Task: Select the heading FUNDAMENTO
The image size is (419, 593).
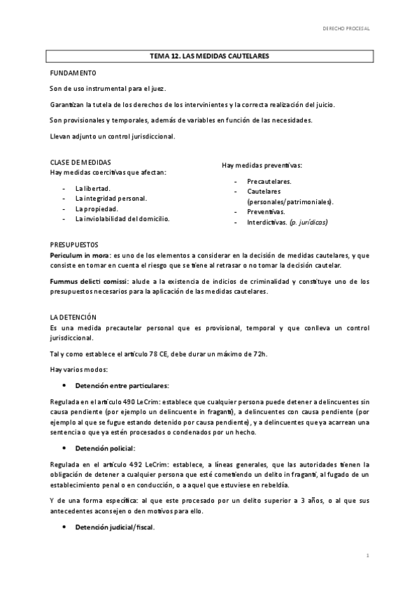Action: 68,73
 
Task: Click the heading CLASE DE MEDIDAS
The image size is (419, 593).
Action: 80,162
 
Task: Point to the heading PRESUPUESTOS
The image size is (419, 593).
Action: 73,245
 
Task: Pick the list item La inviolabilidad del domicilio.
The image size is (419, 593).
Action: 122,218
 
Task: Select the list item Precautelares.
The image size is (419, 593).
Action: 269,180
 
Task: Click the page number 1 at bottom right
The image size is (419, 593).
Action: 367,555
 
